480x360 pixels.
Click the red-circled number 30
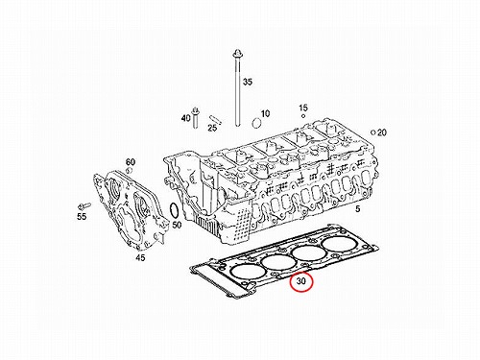pyautogui.click(x=301, y=281)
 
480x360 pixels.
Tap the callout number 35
pyautogui.click(x=248, y=82)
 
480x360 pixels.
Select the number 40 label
pyautogui.click(x=186, y=118)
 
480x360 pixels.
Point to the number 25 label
pyautogui.click(x=212, y=128)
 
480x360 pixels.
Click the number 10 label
pyautogui.click(x=265, y=113)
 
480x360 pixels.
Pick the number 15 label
pyautogui.click(x=303, y=108)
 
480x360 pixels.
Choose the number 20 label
pyautogui.click(x=382, y=132)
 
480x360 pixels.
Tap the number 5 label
pyautogui.click(x=358, y=209)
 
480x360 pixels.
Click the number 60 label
pyautogui.click(x=131, y=162)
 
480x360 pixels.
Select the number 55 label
pyautogui.click(x=82, y=217)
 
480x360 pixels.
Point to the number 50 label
pyautogui.click(x=177, y=225)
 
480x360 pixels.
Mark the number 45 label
pyautogui.click(x=140, y=257)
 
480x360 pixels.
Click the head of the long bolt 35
pyautogui.click(x=237, y=53)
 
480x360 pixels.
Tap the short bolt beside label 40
pyautogui.click(x=195, y=118)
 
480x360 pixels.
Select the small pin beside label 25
pyautogui.click(x=215, y=119)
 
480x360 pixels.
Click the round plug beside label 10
pyautogui.click(x=256, y=123)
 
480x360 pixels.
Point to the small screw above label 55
pyautogui.click(x=84, y=205)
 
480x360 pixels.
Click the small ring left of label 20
pyautogui.click(x=372, y=132)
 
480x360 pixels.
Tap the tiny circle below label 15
pyautogui.click(x=303, y=116)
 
